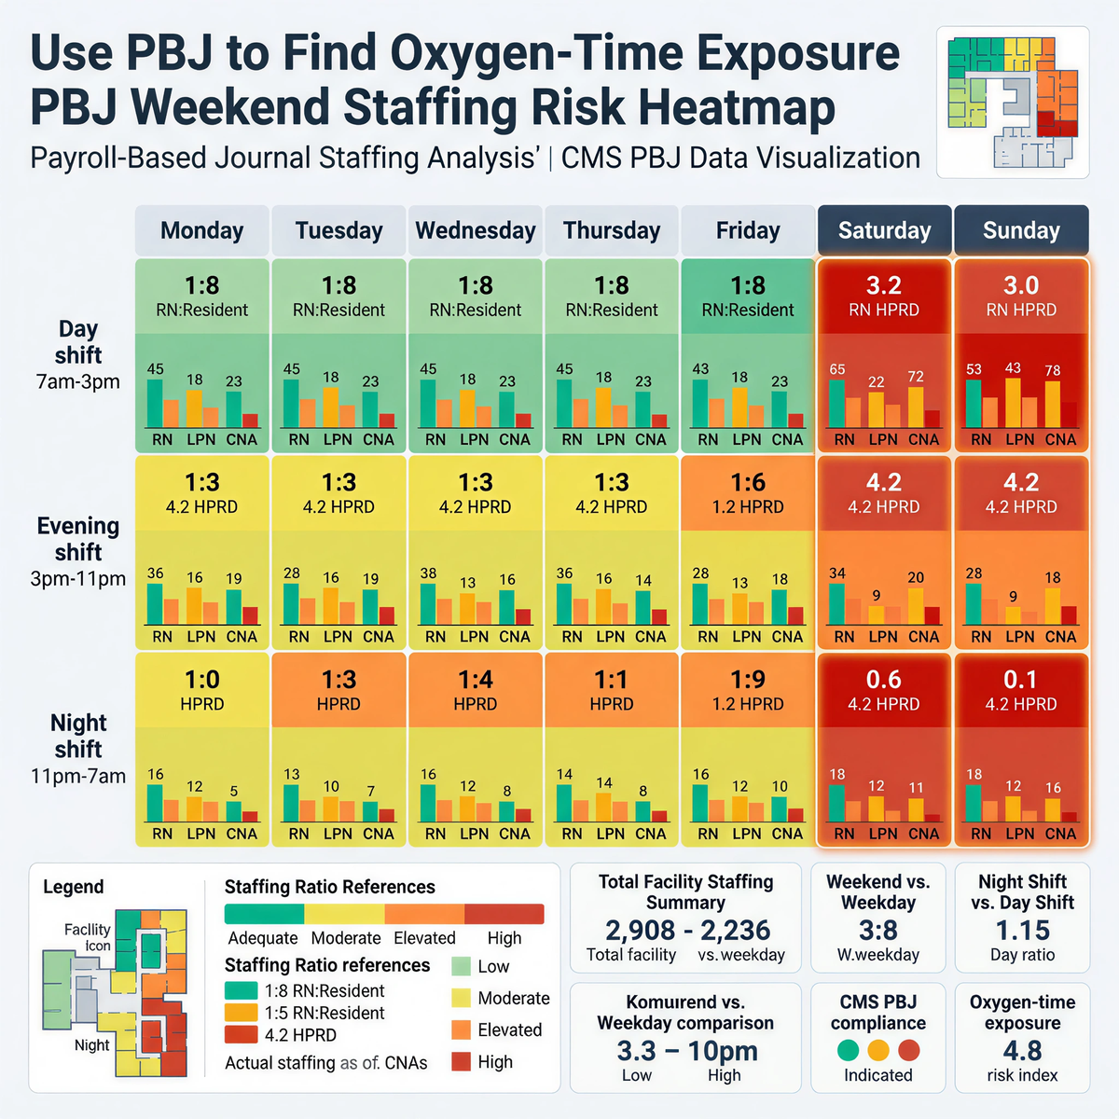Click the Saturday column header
tap(884, 230)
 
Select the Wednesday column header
tap(476, 230)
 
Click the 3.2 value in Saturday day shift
tap(884, 285)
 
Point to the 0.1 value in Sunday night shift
tap(1021, 680)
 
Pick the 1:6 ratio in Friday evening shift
tap(748, 482)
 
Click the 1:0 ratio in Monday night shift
tap(202, 680)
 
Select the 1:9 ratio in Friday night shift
tap(748, 680)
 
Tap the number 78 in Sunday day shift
tap(1053, 370)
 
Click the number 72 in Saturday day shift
tap(916, 377)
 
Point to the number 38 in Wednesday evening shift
tap(428, 573)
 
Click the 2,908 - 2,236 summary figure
tap(687, 930)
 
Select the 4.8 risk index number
tap(1022, 1051)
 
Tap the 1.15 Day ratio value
tap(1022, 930)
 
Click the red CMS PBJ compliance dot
tap(909, 1050)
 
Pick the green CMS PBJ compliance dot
tap(848, 1050)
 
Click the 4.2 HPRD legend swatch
tap(241, 1034)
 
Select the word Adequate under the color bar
tap(263, 938)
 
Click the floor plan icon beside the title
tap(1013, 102)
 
